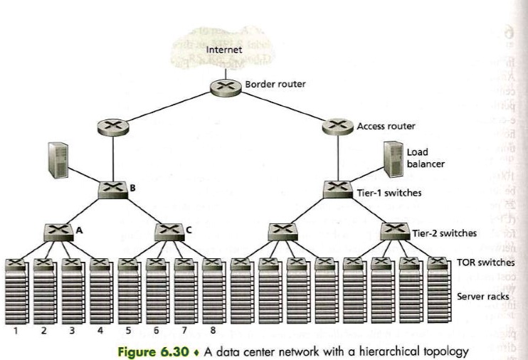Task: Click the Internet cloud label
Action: (x=224, y=50)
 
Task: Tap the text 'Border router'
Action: (x=275, y=84)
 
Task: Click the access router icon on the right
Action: (x=337, y=127)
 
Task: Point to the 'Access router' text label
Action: (x=386, y=126)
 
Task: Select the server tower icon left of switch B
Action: (x=58, y=159)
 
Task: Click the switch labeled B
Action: (x=113, y=189)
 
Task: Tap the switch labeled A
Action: (x=58, y=232)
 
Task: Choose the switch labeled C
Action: (x=169, y=231)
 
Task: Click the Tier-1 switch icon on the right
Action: (x=338, y=190)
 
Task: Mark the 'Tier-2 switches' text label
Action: (x=445, y=233)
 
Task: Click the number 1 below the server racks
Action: (x=16, y=329)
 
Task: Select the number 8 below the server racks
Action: (x=212, y=329)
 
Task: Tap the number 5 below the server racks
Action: (x=128, y=329)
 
